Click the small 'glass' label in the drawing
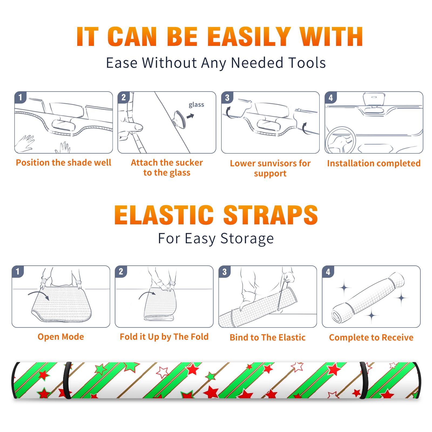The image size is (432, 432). point(196,105)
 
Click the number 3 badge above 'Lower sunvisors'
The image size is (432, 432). point(227,97)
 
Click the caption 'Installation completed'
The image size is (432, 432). point(374,163)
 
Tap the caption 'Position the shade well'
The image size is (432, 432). point(63,163)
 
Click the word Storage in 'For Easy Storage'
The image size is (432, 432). point(247,239)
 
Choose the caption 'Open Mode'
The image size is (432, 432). point(61,337)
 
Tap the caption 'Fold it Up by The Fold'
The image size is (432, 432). point(164,337)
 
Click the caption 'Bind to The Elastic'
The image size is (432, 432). point(268,337)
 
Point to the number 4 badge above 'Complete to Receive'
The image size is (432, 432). point(328,272)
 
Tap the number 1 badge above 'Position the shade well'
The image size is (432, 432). point(20,97)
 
